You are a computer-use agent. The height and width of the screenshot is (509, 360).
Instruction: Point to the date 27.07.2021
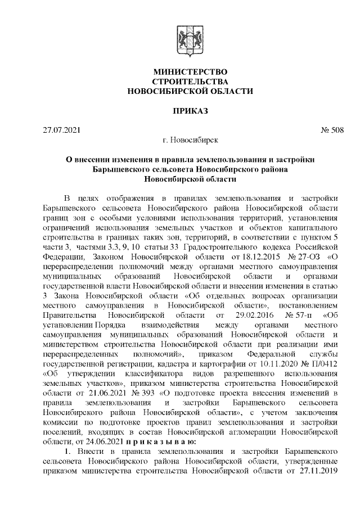tap(62, 131)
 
